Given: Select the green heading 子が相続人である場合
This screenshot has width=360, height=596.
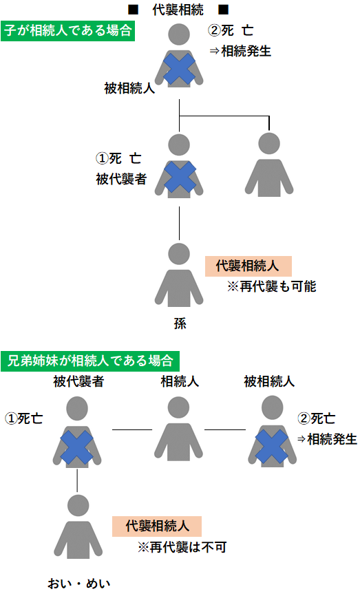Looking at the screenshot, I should [x=67, y=32].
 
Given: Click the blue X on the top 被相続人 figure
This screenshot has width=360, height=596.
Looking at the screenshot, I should [x=179, y=70].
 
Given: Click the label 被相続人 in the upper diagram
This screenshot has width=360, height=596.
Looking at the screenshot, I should [x=129, y=88].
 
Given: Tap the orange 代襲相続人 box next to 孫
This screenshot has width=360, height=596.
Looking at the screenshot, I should [x=248, y=266].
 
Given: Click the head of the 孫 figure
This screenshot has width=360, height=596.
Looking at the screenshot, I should [x=179, y=253].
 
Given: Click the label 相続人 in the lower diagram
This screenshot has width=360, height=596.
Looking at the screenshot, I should [x=180, y=381].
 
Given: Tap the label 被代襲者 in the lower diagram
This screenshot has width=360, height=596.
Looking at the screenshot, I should [x=78, y=381].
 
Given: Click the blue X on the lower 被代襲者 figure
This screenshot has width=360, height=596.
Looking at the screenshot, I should [x=77, y=448].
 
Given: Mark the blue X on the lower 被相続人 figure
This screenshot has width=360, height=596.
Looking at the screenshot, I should [x=270, y=448].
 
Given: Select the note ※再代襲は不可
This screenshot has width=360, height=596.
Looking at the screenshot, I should [x=182, y=547].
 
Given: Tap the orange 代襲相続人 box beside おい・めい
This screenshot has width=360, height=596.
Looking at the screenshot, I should [x=157, y=526].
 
